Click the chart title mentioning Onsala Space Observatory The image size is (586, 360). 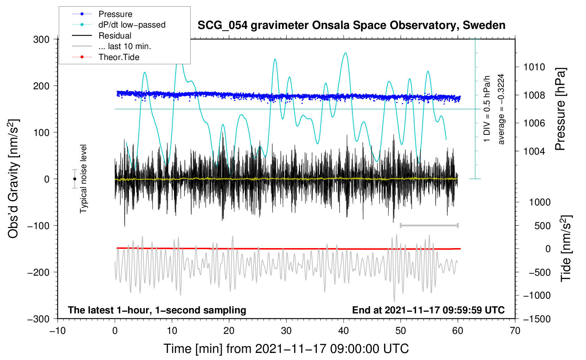pos(351,25)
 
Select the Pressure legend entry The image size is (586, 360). pos(115,14)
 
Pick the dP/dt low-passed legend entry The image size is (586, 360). pos(132,25)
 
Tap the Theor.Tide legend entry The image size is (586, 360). pos(119,57)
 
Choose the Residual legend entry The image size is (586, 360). pos(115,36)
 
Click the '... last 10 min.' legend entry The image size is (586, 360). pos(125,46)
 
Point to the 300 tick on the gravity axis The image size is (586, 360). pos(41,39)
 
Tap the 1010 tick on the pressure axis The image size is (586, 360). pos(534,67)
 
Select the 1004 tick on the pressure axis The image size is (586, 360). pos(534,151)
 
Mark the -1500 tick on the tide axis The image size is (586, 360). pos(537,319)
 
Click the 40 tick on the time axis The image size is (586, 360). pos(343,331)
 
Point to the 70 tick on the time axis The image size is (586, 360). pos(515,331)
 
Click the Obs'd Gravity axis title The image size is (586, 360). pos(13,179)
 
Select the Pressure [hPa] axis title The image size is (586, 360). pos(560,109)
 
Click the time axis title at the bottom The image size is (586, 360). pos(286,349)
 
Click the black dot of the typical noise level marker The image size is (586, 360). pos(74,179)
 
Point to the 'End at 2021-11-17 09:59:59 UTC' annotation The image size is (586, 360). pos(428,310)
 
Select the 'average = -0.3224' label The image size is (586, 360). pos(501,109)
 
